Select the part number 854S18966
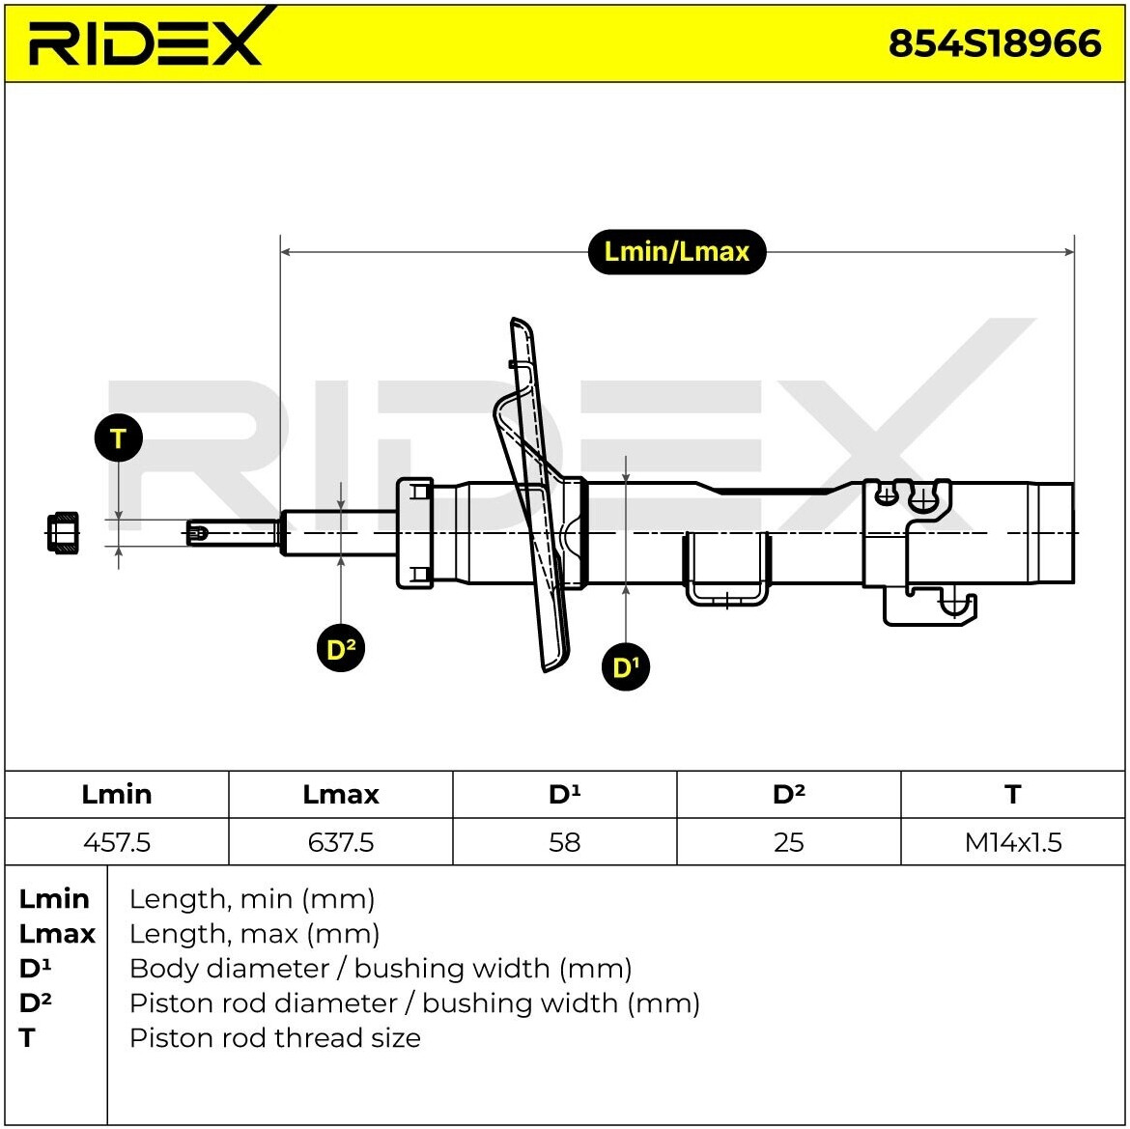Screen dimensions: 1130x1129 pos(995,43)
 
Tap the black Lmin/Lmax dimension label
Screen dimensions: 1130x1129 pos(677,251)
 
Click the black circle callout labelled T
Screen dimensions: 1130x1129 pos(118,438)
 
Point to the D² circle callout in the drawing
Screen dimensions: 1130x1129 pos(341,648)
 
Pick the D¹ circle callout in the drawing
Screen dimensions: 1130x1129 pos(626,666)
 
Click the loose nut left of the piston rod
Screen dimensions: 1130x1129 pos(63,533)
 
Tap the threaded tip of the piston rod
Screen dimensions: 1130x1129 pos(197,533)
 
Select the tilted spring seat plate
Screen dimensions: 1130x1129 pos(533,494)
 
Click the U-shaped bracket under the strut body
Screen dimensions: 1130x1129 pos(726,569)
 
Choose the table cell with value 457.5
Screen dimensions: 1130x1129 pos(117,841)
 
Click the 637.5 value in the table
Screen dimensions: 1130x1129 pos(341,841)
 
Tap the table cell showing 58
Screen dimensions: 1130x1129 pos(564,841)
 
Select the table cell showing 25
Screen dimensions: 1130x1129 pos(788,841)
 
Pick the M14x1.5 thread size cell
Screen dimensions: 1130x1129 pos(1012,841)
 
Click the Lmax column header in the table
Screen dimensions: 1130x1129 pos(341,795)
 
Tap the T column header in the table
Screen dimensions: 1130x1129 pos(1012,795)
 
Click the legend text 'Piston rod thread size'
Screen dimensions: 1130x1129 pos(274,1037)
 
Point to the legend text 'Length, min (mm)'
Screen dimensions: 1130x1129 pos(251,899)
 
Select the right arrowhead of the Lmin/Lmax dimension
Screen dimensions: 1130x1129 pos(1069,251)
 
